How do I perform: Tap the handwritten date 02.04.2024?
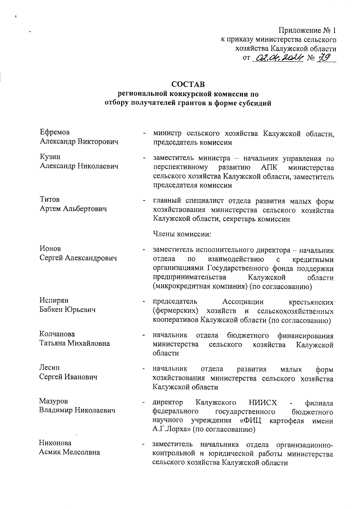[278, 58]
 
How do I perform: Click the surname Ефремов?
[55, 132]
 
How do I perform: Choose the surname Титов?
[49, 199]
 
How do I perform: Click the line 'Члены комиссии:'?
[182, 234]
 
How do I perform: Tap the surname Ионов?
[50, 249]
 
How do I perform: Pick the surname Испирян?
[54, 300]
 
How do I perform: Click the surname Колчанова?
[57, 334]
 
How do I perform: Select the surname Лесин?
[49, 368]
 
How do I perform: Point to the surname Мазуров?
[53, 401]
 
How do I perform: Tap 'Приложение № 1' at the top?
[307, 30]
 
